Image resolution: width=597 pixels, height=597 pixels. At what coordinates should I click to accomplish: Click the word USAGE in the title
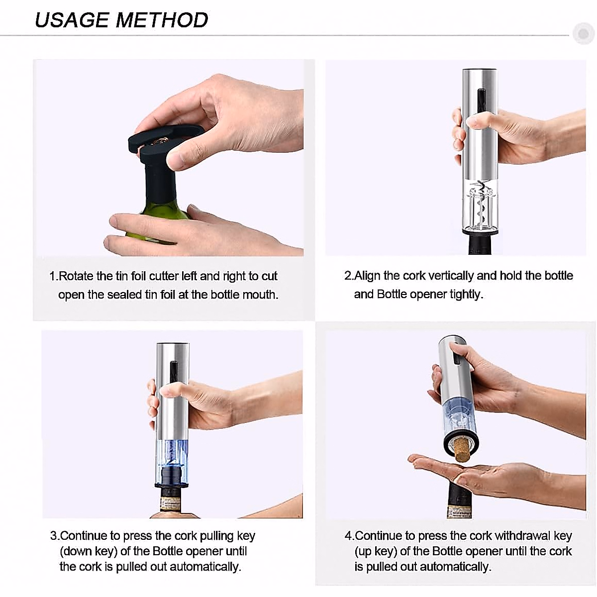(x=72, y=20)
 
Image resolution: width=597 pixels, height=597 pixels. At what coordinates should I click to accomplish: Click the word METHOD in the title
(x=162, y=20)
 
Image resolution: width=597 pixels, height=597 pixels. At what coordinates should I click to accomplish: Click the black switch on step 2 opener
(x=481, y=100)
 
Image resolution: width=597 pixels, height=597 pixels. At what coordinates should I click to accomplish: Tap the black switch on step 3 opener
(x=173, y=371)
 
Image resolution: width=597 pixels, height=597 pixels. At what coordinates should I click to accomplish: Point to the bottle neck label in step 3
(x=172, y=500)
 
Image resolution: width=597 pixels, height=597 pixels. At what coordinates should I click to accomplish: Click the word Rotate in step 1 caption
(x=77, y=276)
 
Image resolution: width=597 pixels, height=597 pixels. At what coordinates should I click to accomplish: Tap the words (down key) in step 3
(x=88, y=551)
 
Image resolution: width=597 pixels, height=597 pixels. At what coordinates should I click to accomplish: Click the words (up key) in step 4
(x=376, y=551)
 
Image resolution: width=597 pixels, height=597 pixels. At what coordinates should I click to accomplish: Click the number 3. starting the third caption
(x=54, y=536)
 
